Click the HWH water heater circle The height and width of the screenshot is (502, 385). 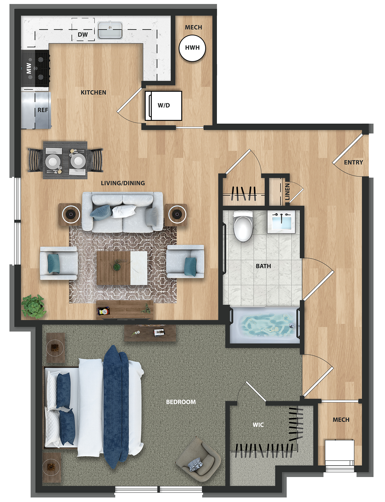tap(193, 48)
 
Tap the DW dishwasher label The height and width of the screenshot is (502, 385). tap(83, 35)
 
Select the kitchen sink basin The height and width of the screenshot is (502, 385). tap(110, 30)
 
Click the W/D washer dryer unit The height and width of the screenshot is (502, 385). tap(163, 105)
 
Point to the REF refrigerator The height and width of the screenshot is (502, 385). tap(36, 110)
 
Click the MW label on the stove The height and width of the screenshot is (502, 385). tap(29, 68)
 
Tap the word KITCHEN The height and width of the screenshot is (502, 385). tap(93, 92)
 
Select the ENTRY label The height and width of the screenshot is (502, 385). tap(353, 163)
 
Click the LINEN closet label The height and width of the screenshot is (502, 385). tap(287, 192)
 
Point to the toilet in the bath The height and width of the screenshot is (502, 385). tap(243, 226)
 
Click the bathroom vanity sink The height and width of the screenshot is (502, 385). tap(282, 222)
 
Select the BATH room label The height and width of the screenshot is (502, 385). tap(263, 266)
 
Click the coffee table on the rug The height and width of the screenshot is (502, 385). tap(122, 268)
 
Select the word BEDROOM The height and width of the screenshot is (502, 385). tap(181, 402)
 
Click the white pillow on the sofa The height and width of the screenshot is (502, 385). tap(124, 211)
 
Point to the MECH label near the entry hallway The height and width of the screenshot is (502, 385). tap(341, 420)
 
